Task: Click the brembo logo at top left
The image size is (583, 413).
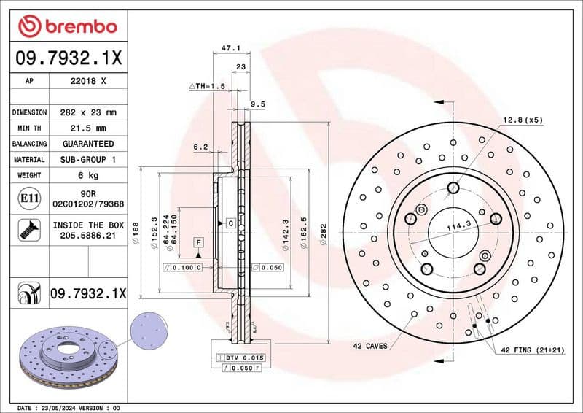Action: [x=67, y=26]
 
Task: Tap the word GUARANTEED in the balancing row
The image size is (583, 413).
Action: [x=87, y=144]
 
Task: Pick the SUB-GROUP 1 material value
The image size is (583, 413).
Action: [x=87, y=159]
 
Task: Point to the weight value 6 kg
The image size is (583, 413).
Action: [x=87, y=175]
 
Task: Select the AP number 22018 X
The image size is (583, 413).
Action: [x=87, y=82]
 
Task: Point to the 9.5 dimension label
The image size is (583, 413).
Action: [x=257, y=104]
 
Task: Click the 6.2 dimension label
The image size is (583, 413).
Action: [x=200, y=147]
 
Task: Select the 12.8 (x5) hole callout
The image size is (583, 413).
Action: [x=523, y=119]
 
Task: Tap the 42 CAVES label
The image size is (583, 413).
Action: [x=370, y=345]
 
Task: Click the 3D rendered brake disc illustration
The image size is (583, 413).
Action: [x=69, y=358]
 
